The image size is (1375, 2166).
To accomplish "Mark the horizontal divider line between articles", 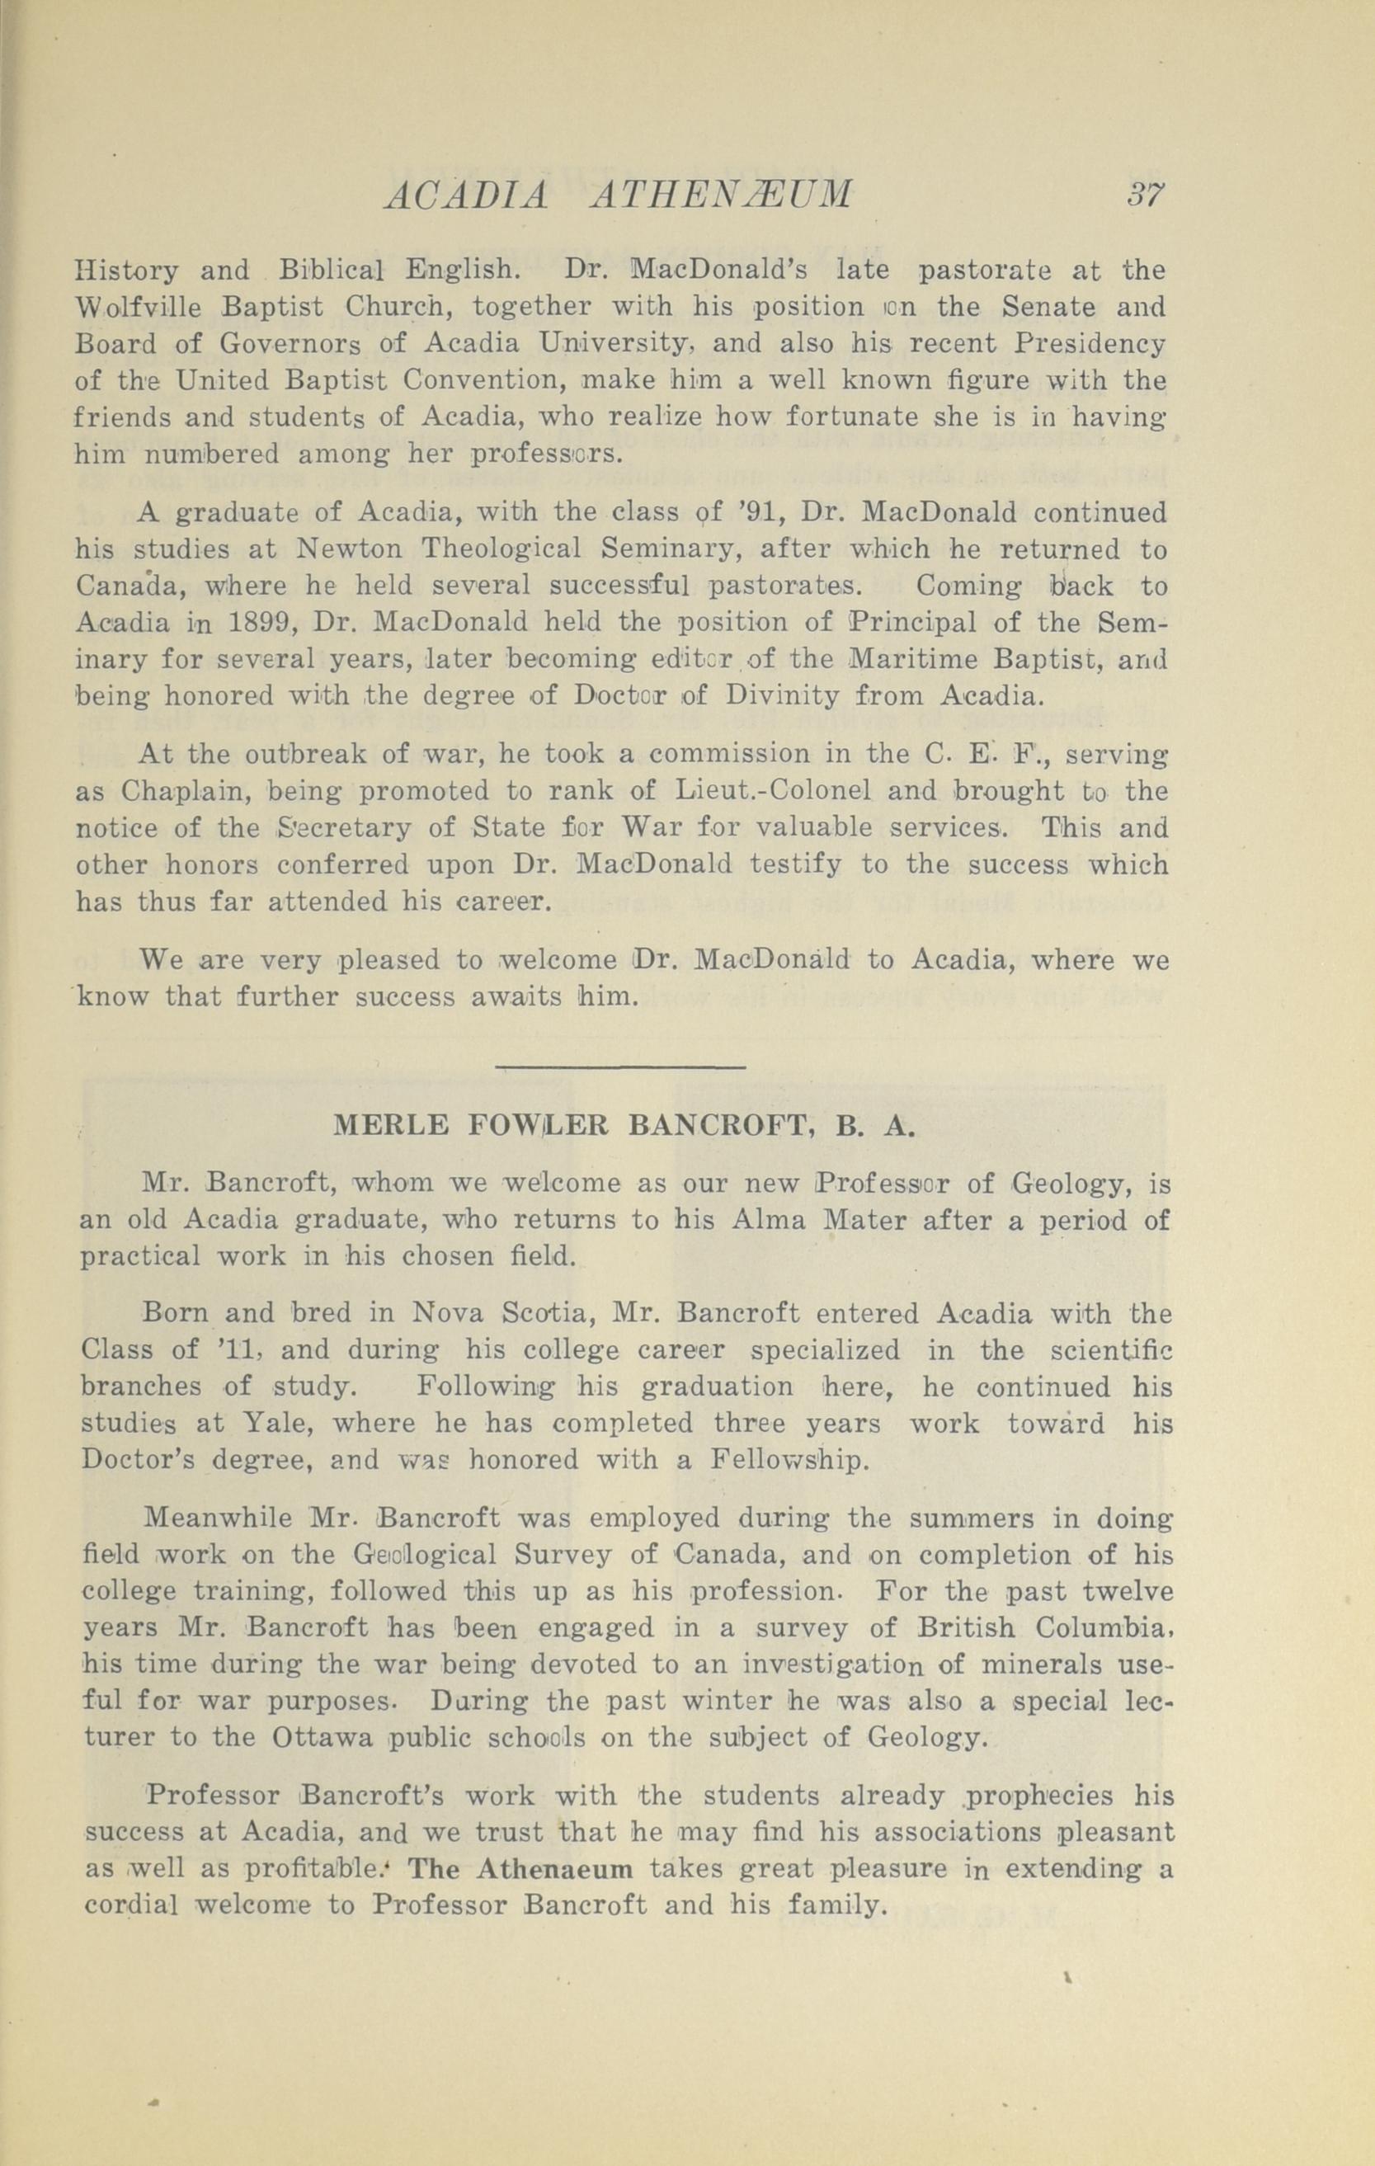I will [620, 1067].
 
